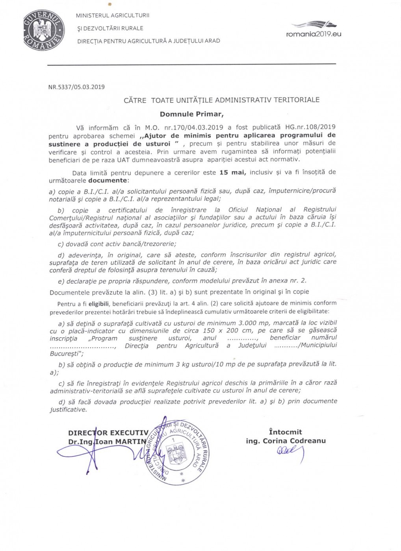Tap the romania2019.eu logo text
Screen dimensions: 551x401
click(x=314, y=34)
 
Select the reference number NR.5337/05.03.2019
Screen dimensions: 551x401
click(x=76, y=87)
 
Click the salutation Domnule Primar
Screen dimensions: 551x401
click(x=191, y=114)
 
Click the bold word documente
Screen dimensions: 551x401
click(x=108, y=181)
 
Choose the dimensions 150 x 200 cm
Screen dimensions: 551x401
click(x=228, y=331)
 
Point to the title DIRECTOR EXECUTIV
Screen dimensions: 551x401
click(x=108, y=433)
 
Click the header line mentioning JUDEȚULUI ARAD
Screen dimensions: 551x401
click(x=149, y=41)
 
